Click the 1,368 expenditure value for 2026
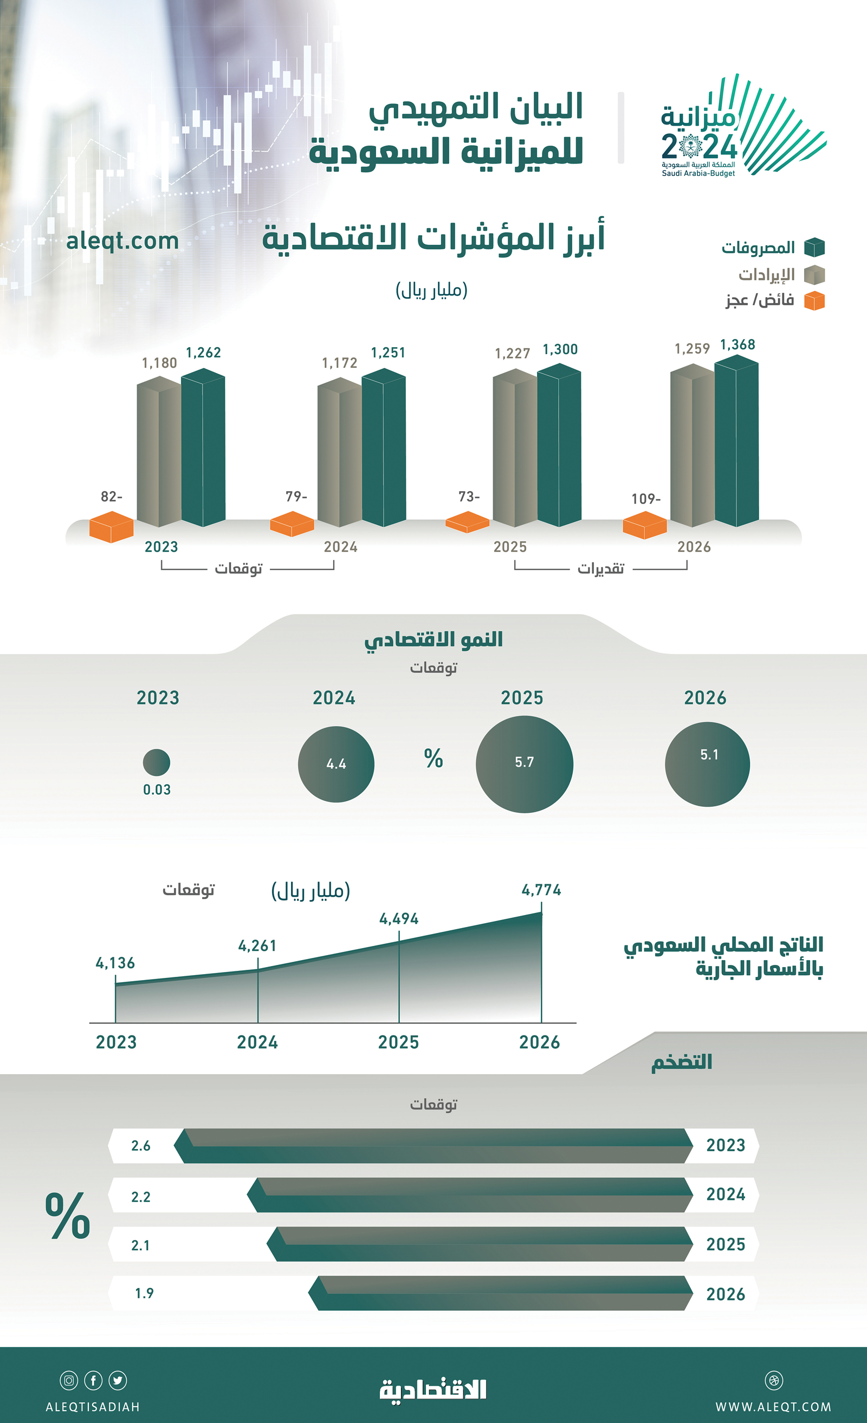737,345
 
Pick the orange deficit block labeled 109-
644,524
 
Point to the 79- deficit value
296,496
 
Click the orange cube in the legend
814,301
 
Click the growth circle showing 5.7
524,763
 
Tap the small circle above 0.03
157,762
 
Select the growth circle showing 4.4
336,764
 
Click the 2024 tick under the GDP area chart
257,1042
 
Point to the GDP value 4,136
115,963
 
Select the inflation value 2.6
140,1146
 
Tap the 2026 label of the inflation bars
726,1294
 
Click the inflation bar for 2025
480,1244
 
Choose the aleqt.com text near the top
122,241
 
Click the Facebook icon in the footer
93,1380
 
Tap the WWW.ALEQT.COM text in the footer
773,1407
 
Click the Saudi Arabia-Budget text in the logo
698,173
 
